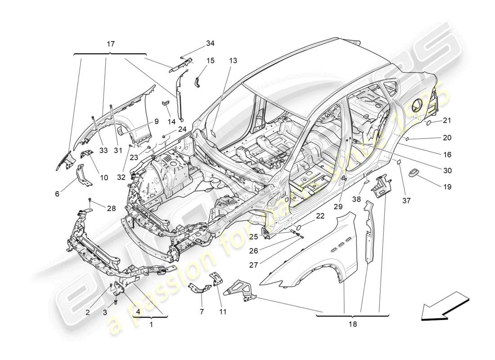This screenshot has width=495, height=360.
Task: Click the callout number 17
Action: [x=111, y=44]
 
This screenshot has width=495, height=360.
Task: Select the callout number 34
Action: [x=210, y=43]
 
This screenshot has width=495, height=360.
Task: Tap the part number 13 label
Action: [x=232, y=60]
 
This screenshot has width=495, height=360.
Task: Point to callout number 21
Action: [x=446, y=121]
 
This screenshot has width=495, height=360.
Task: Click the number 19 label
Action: [x=446, y=187]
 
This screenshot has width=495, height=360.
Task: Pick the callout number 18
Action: [x=352, y=324]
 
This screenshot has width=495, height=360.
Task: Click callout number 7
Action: [x=202, y=311]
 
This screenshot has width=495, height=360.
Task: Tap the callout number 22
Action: [x=319, y=216]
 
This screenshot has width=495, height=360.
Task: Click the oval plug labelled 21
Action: [x=429, y=122]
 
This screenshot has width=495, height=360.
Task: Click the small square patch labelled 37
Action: [x=398, y=161]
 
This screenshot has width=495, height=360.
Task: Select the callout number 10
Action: [x=104, y=178]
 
